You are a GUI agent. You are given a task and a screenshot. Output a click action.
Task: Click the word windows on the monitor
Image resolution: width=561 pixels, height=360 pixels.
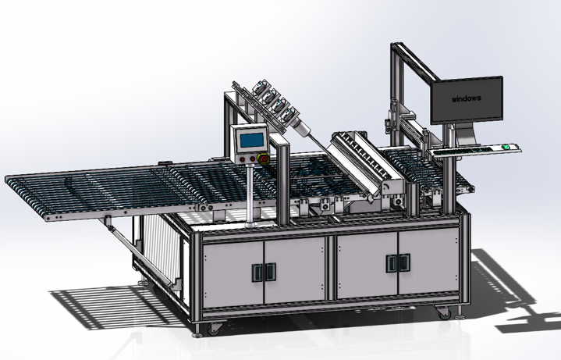466,98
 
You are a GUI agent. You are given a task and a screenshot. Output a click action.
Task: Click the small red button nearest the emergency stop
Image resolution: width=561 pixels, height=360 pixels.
253,159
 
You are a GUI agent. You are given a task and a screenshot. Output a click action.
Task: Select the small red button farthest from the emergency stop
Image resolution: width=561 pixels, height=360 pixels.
243,159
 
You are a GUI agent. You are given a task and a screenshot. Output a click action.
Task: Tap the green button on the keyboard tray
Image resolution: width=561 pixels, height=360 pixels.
506,147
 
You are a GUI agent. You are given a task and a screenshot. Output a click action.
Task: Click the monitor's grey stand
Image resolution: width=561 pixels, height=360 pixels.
467,134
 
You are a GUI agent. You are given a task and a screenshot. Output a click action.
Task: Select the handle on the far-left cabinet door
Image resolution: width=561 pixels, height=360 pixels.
257,273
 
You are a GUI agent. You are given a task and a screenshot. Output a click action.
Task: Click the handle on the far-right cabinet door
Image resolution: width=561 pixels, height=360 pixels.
405,263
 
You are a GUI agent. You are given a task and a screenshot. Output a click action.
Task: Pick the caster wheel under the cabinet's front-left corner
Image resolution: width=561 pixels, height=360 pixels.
213,329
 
